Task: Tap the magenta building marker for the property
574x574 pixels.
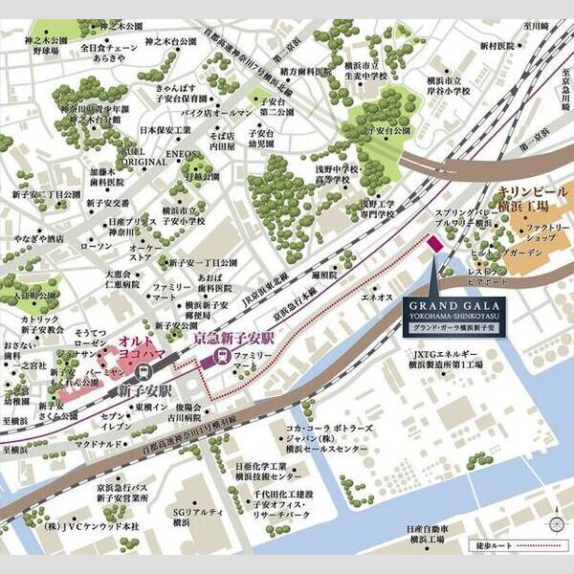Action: tap(433, 246)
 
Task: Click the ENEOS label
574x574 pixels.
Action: tap(181, 153)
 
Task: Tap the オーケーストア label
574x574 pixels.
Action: tap(141, 252)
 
